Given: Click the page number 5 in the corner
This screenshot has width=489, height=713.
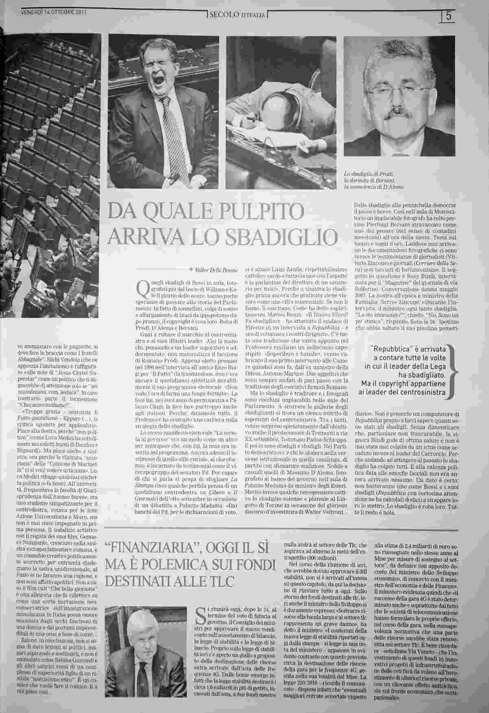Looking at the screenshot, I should [x=449, y=16].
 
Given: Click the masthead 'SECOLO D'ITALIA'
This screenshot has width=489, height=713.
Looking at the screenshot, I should [x=237, y=16].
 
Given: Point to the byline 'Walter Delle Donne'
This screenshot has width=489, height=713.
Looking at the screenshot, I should [x=214, y=269].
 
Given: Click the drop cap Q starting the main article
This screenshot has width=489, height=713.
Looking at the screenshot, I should [x=143, y=289].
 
